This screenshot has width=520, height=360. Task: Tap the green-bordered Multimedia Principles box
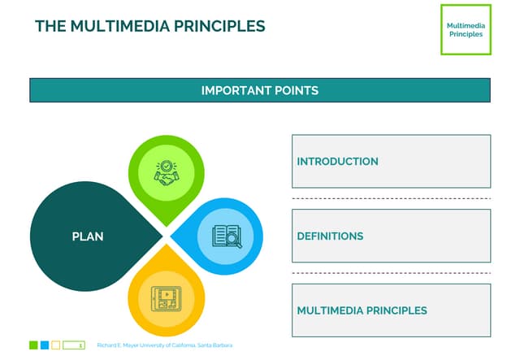click(x=465, y=29)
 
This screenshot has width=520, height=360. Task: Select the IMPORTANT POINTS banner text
click(x=259, y=90)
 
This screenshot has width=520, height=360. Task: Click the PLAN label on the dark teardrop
click(x=88, y=236)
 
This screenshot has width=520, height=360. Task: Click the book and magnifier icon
click(x=227, y=236)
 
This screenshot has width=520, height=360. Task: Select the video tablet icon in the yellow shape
click(x=166, y=298)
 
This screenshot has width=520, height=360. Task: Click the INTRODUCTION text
click(x=337, y=162)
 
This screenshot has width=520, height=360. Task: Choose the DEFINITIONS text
click(x=330, y=236)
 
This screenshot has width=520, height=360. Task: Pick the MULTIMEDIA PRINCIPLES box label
click(x=362, y=310)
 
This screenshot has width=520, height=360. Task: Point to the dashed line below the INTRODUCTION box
click(x=391, y=198)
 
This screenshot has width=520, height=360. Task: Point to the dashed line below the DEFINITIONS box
click(x=391, y=273)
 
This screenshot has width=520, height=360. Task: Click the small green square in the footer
click(x=33, y=345)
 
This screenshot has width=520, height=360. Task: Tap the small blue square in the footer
click(x=45, y=345)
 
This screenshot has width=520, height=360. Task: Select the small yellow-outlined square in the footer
click(x=56, y=345)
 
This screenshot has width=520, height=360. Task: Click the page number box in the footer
click(x=74, y=345)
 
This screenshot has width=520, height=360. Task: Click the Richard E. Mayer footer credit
click(x=164, y=345)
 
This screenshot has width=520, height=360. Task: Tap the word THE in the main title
click(x=50, y=26)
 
